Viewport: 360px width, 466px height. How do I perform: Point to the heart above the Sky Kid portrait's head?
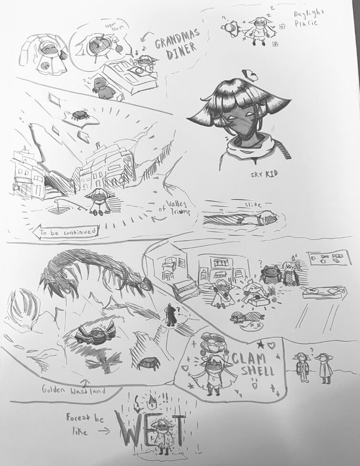click(249, 74)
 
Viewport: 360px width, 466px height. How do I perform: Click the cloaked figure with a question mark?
click(170, 315)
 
